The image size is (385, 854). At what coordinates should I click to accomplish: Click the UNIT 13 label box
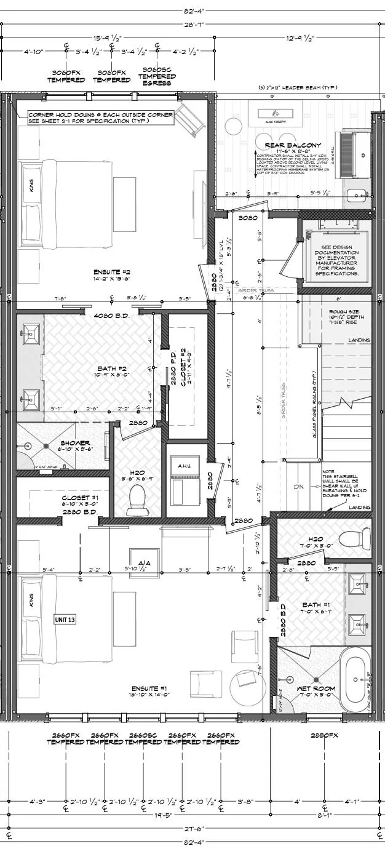(x=65, y=620)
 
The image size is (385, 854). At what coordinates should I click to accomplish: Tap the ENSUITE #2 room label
(x=113, y=271)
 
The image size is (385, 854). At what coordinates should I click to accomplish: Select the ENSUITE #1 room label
(x=150, y=688)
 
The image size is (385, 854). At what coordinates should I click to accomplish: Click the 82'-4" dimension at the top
(x=193, y=10)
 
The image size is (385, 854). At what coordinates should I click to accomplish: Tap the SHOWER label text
(x=75, y=443)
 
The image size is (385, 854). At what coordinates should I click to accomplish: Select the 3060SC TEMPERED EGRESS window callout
(x=158, y=76)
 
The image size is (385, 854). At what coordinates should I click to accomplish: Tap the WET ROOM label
(x=312, y=688)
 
